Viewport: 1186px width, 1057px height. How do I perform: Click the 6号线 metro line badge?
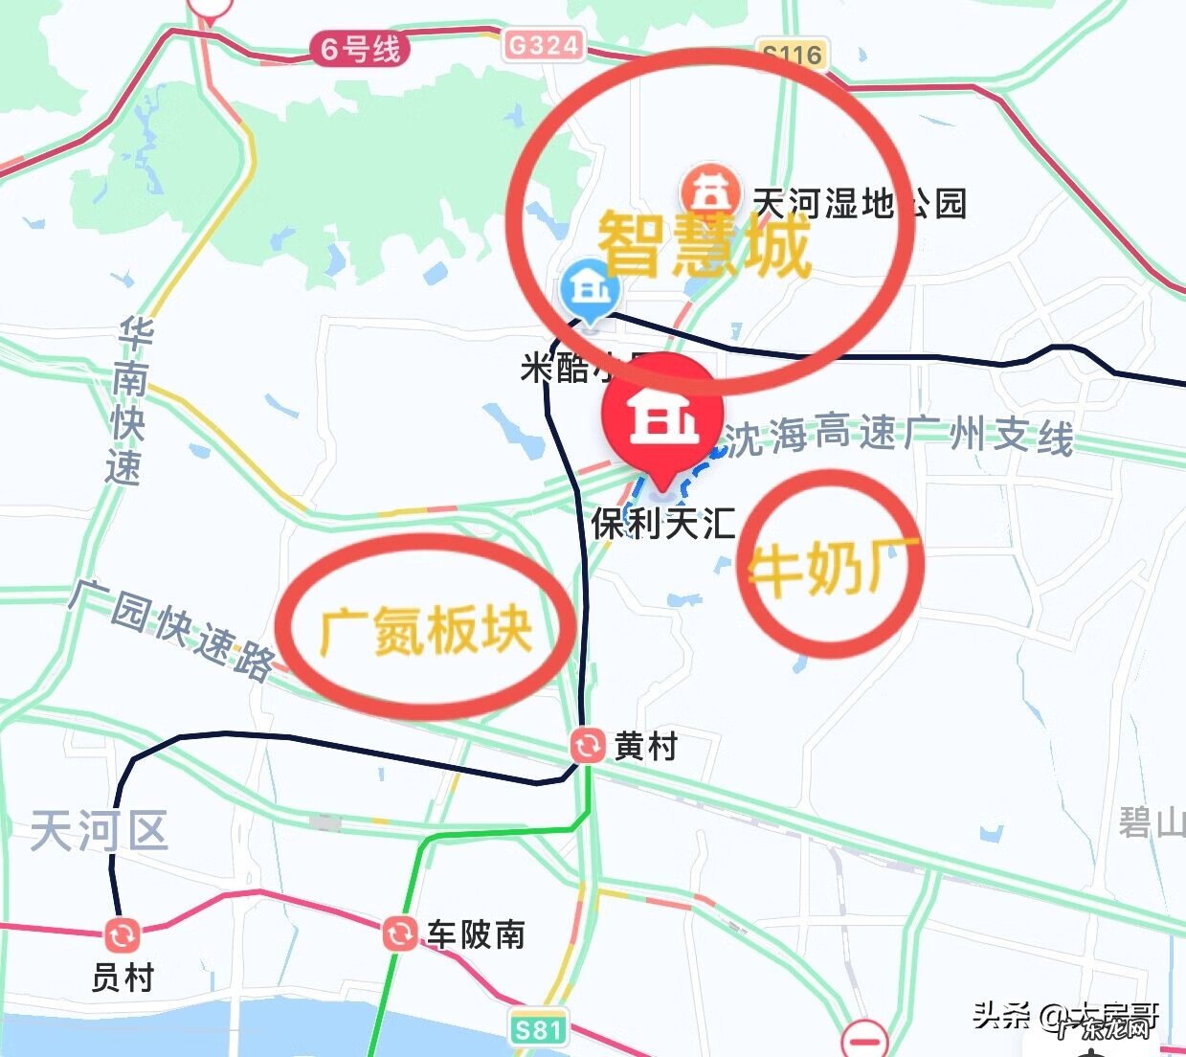360,49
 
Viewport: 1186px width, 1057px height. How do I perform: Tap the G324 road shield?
543,45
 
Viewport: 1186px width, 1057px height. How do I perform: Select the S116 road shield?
791,55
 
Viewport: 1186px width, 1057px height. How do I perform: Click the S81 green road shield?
537,1029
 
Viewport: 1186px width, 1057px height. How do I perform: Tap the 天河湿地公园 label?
859,204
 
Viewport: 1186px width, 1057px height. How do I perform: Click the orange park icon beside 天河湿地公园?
709,192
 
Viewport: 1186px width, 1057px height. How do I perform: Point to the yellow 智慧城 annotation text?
705,246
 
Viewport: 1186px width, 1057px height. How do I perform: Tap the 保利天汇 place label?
662,524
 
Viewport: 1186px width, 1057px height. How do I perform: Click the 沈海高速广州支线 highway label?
898,436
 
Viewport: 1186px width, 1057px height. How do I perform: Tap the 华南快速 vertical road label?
128,402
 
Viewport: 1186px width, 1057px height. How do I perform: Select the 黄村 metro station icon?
586,745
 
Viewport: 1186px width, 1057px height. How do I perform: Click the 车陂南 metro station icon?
399,933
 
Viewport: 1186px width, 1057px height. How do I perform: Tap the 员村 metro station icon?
123,935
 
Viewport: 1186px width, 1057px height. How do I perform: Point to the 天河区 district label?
99,830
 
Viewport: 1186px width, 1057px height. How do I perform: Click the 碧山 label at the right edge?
1152,821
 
